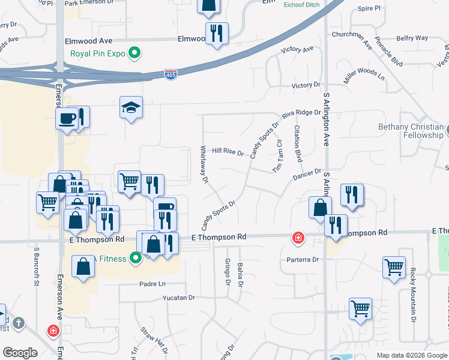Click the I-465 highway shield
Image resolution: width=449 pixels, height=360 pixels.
(171, 73)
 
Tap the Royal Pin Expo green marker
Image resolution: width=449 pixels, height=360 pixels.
(135, 53)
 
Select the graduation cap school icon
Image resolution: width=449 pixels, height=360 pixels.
(131, 107)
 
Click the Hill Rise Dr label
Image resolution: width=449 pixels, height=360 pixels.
(228, 152)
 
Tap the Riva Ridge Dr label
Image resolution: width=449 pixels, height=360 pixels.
(301, 112)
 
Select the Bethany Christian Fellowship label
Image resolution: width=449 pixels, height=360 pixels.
(411, 131)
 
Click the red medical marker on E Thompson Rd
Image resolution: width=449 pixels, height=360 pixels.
(298, 239)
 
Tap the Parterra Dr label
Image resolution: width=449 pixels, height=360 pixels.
(303, 260)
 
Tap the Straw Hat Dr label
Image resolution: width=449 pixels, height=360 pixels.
(154, 340)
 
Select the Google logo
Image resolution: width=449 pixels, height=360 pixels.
(19, 353)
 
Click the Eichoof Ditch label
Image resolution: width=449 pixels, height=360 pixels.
(302, 4)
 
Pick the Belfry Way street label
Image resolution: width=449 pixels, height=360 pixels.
(412, 38)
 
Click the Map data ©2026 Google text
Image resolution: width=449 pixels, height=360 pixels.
(411, 355)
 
